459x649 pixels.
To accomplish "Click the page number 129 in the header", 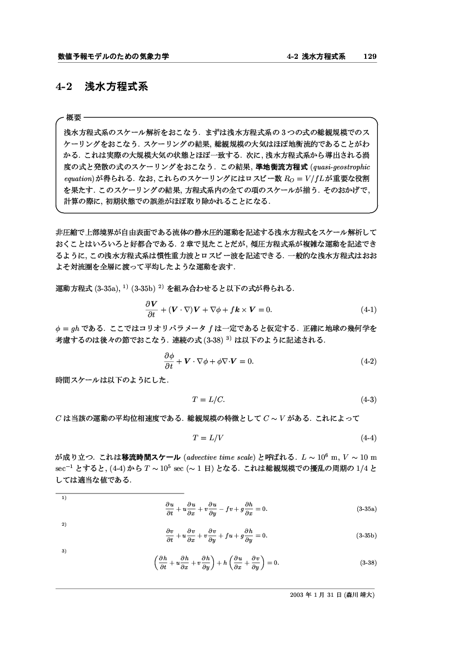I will click(x=370, y=57).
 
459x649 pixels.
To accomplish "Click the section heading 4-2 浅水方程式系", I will click(x=102, y=87).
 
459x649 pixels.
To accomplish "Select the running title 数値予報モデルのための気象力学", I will click(x=113, y=57).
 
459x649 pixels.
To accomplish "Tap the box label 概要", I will click(x=74, y=118).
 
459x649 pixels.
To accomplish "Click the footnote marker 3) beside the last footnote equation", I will click(x=64, y=551).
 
